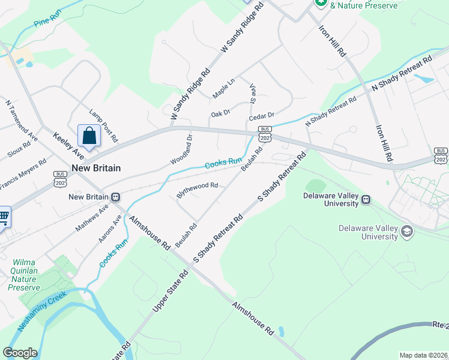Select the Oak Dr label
pyautogui.click(x=220, y=113)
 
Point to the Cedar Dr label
pyautogui.click(x=262, y=115)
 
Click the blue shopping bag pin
pyautogui.click(x=89, y=136)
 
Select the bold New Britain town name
pyautogui.click(x=96, y=168)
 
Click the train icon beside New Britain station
pyautogui.click(x=115, y=197)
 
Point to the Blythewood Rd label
pyautogui.click(x=197, y=190)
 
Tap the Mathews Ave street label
pyautogui.click(x=91, y=218)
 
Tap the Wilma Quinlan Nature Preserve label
pyautogui.click(x=23, y=275)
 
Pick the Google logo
pyautogui.click(x=20, y=353)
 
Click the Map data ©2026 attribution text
pyautogui.click(x=423, y=355)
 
